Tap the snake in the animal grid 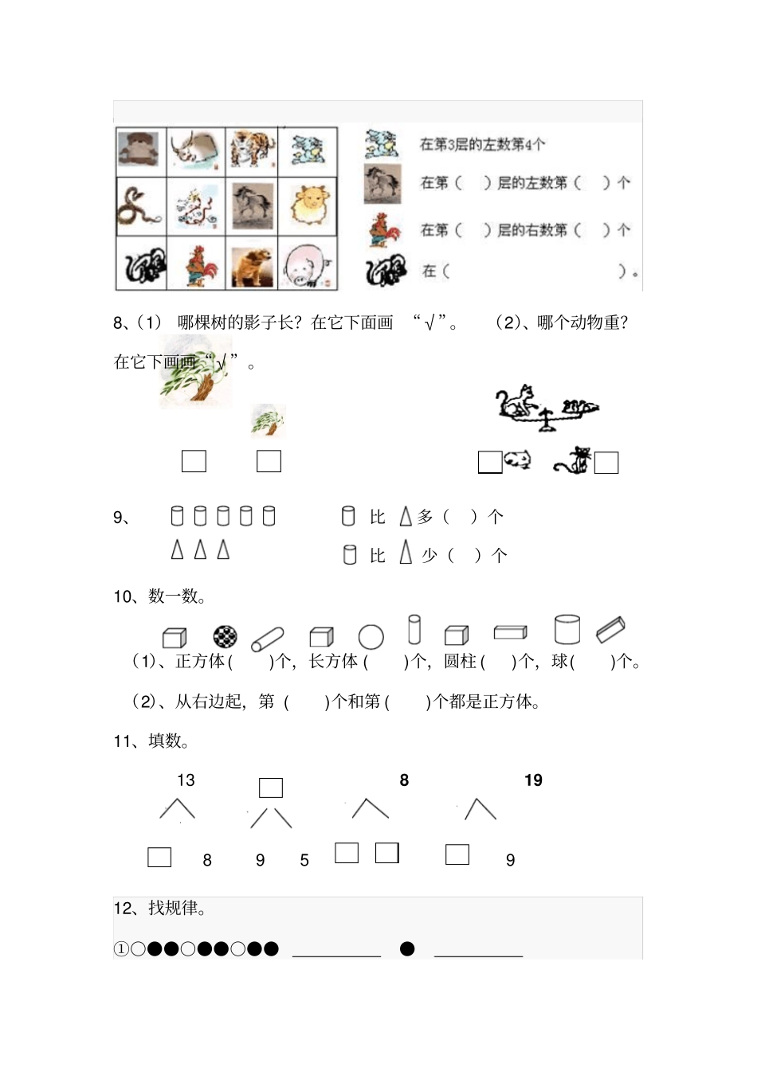[140, 207]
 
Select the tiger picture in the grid [253, 149]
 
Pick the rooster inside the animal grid [195, 265]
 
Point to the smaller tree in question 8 [268, 421]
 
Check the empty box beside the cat [606, 463]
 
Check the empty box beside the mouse [490, 462]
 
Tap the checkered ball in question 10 [226, 636]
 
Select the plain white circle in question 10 [371, 636]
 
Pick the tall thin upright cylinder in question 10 [414, 629]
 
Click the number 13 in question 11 [186, 780]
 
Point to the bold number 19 [533, 780]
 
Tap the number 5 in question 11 [304, 860]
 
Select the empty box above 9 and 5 [271, 788]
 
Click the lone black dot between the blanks [407, 948]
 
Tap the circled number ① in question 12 [121, 948]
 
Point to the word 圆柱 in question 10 [460, 661]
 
